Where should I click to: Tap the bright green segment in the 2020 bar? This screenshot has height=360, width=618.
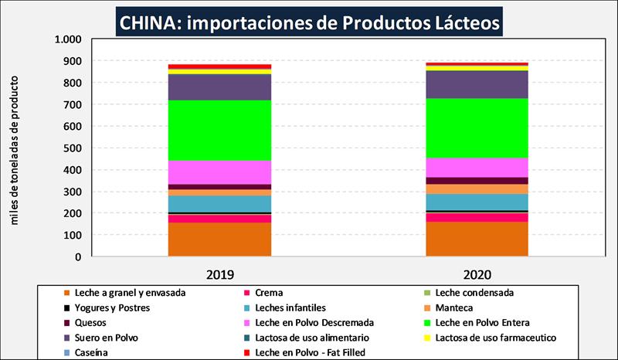click(477, 127)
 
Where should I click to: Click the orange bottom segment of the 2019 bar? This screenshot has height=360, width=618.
click(219, 239)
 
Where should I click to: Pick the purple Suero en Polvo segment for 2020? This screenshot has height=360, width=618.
click(477, 84)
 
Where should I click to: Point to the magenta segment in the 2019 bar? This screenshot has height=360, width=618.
click(219, 172)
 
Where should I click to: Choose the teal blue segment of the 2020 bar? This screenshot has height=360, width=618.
click(477, 202)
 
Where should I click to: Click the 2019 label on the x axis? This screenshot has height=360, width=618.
click(220, 274)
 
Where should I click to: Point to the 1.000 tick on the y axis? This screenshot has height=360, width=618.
click(69, 39)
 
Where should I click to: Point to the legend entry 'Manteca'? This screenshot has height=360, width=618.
click(457, 307)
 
